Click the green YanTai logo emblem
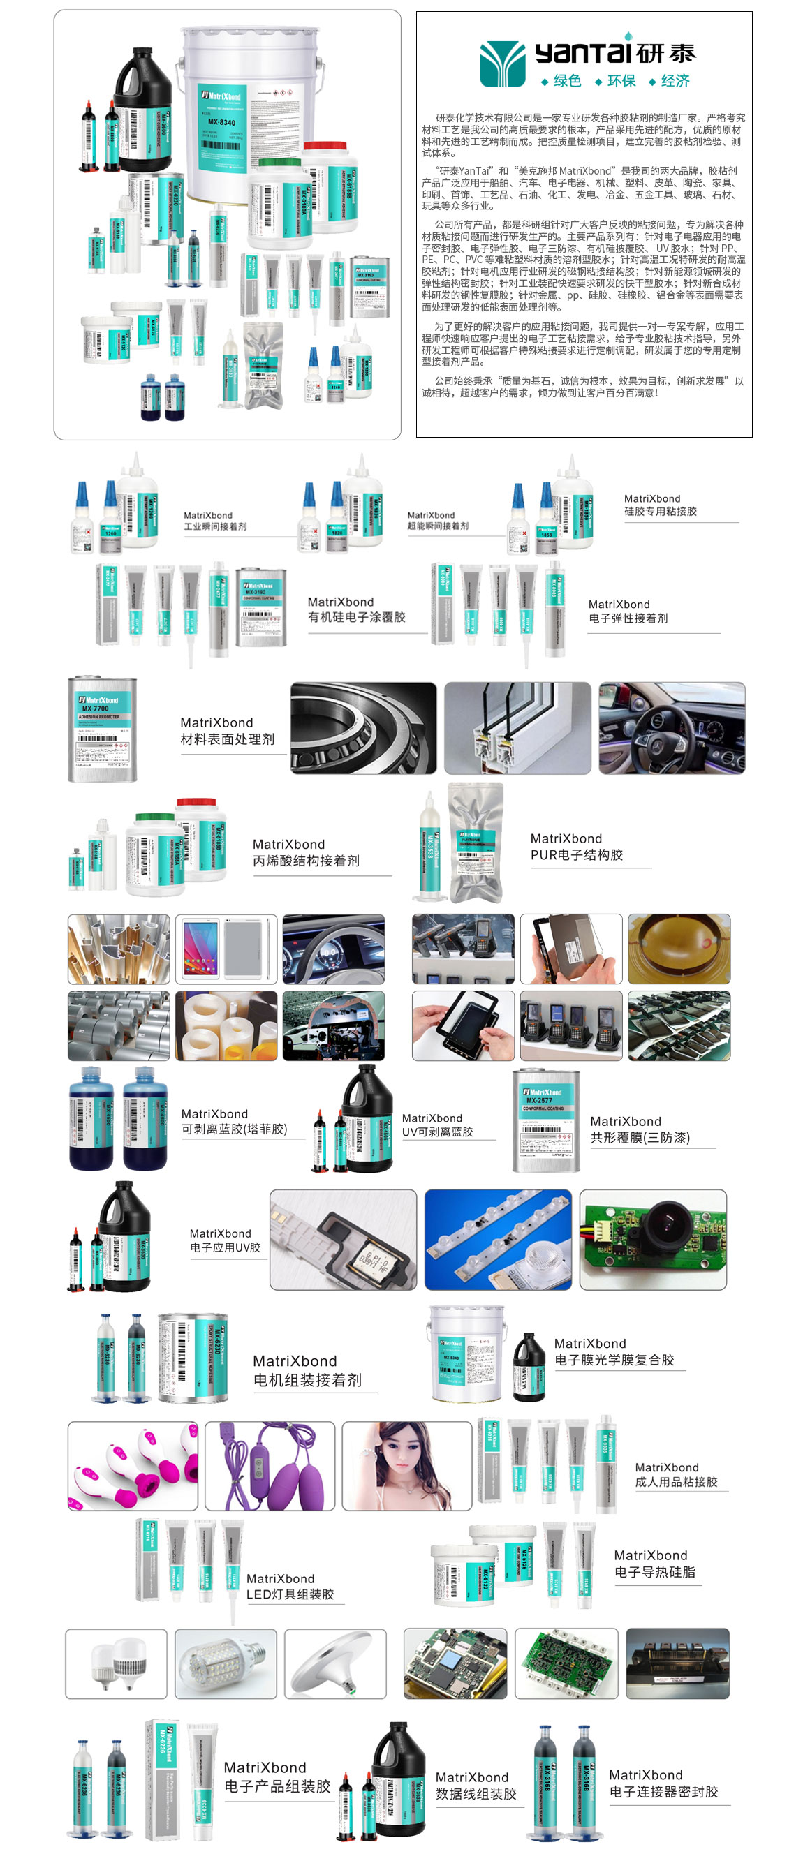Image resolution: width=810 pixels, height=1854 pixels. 502,64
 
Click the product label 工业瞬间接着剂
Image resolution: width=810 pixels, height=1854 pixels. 214,526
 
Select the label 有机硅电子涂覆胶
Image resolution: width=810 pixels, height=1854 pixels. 355,617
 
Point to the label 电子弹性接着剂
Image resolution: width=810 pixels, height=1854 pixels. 627,618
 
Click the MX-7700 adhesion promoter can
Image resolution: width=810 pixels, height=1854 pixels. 101,728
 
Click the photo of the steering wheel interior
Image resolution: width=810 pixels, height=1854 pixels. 671,727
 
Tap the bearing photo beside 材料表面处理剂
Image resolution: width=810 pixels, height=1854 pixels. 363,727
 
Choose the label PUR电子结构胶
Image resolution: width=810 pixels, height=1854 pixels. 576,854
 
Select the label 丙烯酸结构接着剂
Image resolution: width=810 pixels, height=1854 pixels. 305,860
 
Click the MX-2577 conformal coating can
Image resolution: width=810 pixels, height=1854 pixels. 545,1120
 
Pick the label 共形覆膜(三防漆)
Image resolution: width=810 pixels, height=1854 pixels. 640,1137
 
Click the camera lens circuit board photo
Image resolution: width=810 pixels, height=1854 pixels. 652,1238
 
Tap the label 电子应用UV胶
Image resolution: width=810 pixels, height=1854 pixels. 225,1247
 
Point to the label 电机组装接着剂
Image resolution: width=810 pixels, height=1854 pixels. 307,1380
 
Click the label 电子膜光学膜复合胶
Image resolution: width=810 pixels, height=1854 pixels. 614,1360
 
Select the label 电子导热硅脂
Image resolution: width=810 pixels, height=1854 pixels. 654,1572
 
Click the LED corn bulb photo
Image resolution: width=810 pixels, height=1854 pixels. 226,1663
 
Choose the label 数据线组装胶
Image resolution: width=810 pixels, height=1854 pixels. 476,1793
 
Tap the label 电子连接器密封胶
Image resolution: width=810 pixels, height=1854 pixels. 663,1791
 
